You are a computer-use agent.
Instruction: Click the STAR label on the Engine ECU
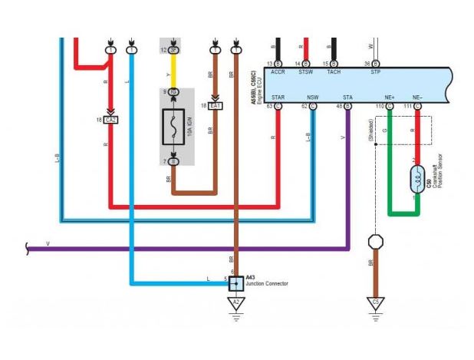278,97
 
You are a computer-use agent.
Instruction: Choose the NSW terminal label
312,97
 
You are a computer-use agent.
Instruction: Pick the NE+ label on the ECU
390,97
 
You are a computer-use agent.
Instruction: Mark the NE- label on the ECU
417,97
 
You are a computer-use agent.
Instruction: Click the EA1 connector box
216,105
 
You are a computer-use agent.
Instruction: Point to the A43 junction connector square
236,282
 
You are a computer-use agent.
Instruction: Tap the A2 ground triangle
236,304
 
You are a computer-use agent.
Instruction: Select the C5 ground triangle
375,304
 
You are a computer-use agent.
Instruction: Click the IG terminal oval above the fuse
173,92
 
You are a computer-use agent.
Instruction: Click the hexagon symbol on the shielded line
375,242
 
